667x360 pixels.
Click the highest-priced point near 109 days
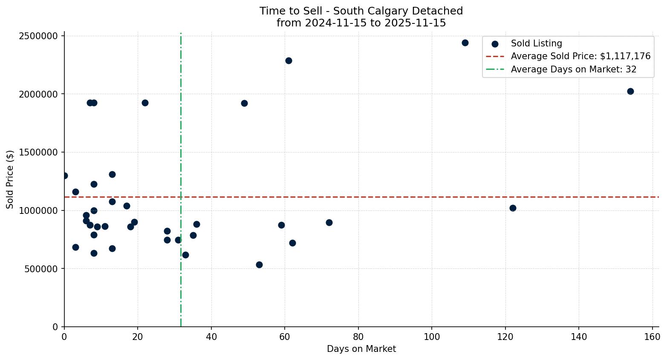tap(465, 43)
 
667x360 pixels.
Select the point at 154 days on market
tap(630, 91)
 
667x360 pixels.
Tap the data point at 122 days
tap(513, 208)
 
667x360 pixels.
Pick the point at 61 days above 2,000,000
tap(289, 60)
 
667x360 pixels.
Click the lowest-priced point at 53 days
tap(259, 265)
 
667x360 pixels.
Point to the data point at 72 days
tap(329, 222)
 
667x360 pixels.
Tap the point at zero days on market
tap(64, 176)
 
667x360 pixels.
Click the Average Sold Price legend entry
tap(580, 56)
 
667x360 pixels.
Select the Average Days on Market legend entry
tap(573, 69)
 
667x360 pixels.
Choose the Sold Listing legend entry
tap(536, 43)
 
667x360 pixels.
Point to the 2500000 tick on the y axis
tap(38, 36)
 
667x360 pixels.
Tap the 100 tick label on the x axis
tap(432, 337)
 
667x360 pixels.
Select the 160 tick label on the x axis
tap(653, 337)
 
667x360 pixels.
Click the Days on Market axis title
tap(361, 349)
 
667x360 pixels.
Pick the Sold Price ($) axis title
tap(10, 179)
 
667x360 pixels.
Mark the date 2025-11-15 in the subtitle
tap(416, 23)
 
